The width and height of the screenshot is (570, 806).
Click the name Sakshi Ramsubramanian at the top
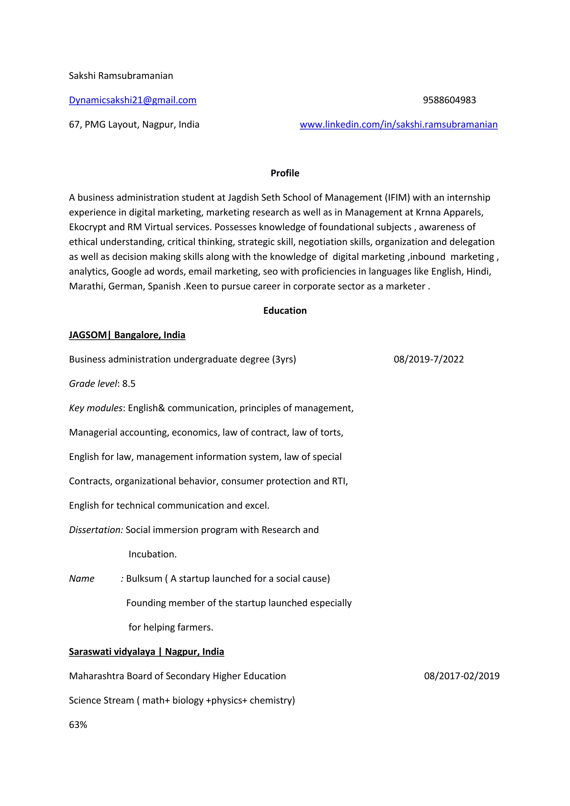click(121, 76)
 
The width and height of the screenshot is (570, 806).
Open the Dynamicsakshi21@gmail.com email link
click(133, 100)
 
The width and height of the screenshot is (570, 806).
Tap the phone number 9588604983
click(449, 100)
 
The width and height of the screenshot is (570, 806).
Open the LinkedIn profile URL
click(398, 125)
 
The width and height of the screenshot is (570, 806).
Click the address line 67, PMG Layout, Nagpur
click(134, 125)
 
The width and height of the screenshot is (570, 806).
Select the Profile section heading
click(285, 173)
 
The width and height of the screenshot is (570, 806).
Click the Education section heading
click(285, 311)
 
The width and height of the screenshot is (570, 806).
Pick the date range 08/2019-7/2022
click(429, 360)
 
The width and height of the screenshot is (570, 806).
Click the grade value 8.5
click(129, 384)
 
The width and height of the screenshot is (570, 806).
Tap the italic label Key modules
click(96, 408)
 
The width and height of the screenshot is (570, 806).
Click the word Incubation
click(152, 554)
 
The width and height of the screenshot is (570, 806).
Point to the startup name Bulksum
click(144, 579)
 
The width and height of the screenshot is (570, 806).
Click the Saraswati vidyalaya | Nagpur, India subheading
click(146, 652)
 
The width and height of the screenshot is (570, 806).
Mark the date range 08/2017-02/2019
click(461, 676)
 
